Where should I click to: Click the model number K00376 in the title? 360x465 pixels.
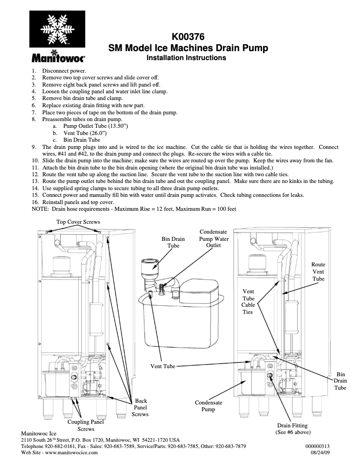click(189, 38)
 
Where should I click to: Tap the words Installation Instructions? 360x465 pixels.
click(187, 58)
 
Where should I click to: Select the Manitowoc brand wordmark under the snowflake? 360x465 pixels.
click(57, 57)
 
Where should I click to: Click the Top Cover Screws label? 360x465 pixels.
click(78, 222)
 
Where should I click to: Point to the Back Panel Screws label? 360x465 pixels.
click(140, 408)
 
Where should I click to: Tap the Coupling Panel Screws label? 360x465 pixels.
click(85, 426)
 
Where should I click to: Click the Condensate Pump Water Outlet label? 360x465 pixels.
click(214, 239)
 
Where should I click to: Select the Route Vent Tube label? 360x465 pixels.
click(318, 272)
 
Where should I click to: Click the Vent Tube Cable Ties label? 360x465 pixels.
click(248, 302)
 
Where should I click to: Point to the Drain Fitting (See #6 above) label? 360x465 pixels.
click(293, 429)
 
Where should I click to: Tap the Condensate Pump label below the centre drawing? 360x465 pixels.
click(208, 406)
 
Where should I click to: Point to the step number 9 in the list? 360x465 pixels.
click(34, 147)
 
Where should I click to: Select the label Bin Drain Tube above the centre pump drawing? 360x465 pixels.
click(173, 243)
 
